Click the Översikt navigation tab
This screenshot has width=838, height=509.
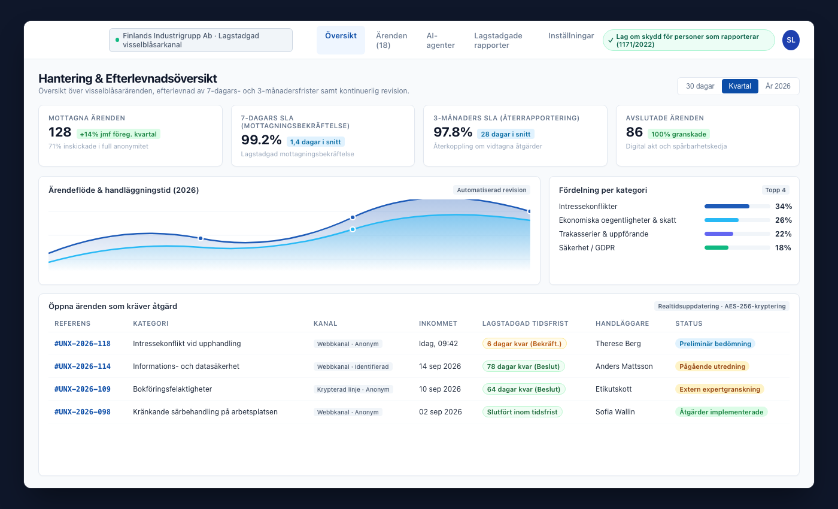point(341,40)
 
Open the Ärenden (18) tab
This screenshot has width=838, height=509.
point(391,41)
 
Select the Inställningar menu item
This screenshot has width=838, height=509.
point(571,36)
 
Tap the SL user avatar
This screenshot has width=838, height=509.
point(791,40)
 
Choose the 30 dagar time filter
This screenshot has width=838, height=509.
point(700,86)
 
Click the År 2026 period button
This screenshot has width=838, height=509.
point(778,86)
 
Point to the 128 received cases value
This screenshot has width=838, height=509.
point(60,132)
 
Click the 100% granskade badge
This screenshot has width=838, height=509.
point(679,134)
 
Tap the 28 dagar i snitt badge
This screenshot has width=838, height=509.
point(505,134)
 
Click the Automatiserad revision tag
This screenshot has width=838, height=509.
point(491,190)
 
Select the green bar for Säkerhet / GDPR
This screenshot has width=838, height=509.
point(716,248)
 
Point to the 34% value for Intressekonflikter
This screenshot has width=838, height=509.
point(784,207)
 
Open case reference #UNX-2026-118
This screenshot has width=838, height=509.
point(83,344)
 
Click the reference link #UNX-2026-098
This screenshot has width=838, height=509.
point(83,412)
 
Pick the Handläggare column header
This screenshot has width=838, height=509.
point(622,323)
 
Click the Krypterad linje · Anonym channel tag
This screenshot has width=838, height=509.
point(353,389)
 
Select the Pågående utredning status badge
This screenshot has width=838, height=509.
point(712,366)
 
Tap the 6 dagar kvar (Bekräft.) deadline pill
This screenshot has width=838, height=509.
point(524,344)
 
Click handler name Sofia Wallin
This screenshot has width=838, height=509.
point(615,412)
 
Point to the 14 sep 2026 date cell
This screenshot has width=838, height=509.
point(439,366)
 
